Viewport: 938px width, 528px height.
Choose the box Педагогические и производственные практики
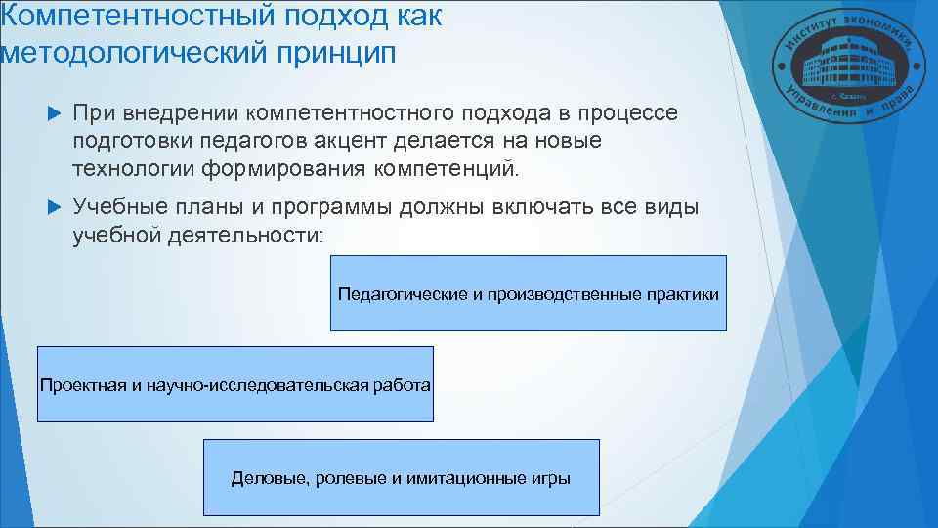(529, 293)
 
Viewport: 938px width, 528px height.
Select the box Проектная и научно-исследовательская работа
(234, 384)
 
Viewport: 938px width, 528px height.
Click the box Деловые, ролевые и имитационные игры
(401, 478)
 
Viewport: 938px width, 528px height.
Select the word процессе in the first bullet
(631, 114)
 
